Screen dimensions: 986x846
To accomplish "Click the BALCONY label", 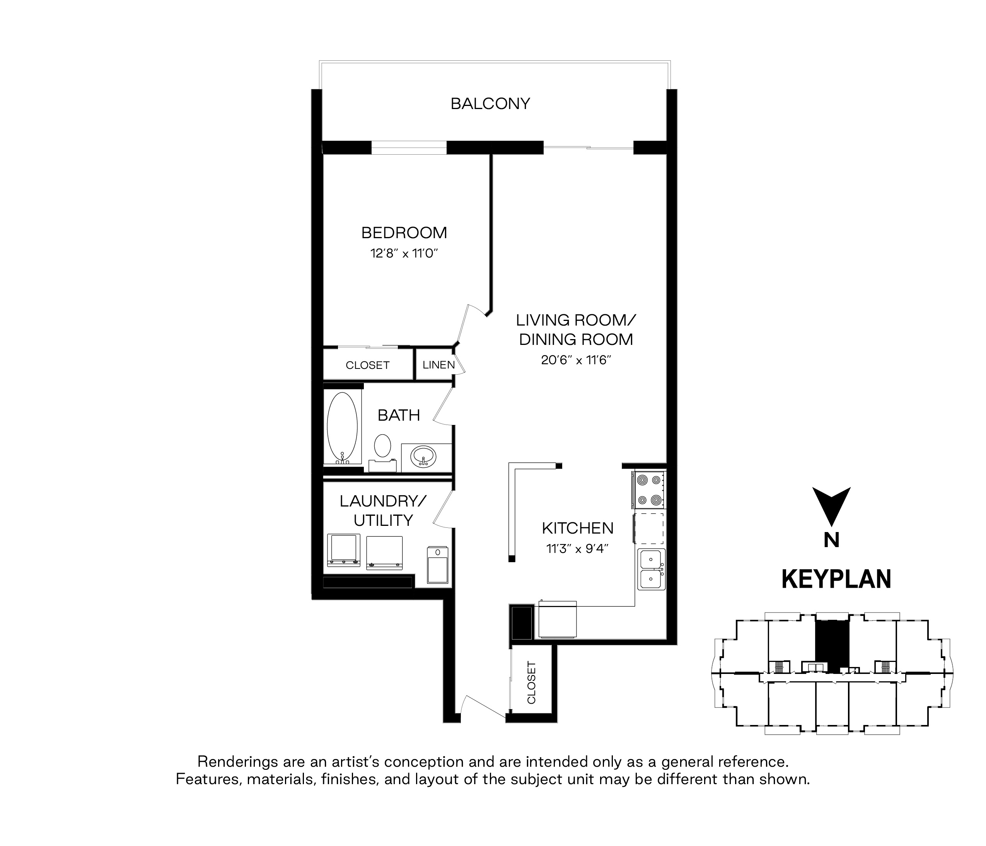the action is [490, 104].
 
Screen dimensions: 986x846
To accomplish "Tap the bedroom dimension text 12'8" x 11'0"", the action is [404, 253].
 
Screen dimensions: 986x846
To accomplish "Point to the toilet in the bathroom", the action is [382, 452].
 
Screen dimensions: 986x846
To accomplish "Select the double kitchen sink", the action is [652, 569].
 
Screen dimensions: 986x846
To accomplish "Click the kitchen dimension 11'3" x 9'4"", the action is [578, 549].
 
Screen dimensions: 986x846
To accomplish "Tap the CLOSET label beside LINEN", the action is [367, 365].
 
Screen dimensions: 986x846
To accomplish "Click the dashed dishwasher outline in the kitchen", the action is [650, 528].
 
